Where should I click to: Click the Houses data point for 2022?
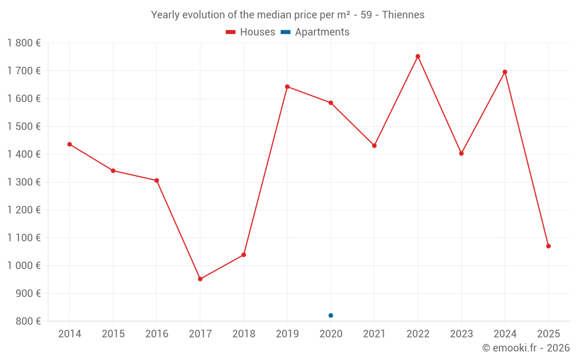(418, 56)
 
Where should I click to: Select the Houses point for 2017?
(200, 279)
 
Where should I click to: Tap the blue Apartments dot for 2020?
(331, 315)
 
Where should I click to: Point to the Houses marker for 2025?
(548, 246)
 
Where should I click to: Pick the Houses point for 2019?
(287, 87)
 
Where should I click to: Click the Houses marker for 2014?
(70, 144)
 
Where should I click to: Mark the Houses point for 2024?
(505, 72)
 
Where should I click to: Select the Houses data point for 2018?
(244, 255)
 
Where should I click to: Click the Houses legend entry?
(251, 32)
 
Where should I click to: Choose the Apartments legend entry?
(316, 32)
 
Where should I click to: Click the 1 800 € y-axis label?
(24, 43)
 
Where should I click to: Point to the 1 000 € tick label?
(24, 266)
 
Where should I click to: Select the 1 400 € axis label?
(24, 154)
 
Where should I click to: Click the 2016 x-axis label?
(157, 334)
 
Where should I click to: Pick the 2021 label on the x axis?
(374, 334)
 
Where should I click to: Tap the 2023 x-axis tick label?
(461, 334)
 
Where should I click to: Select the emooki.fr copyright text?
(525, 348)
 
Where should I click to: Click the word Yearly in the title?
(165, 14)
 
